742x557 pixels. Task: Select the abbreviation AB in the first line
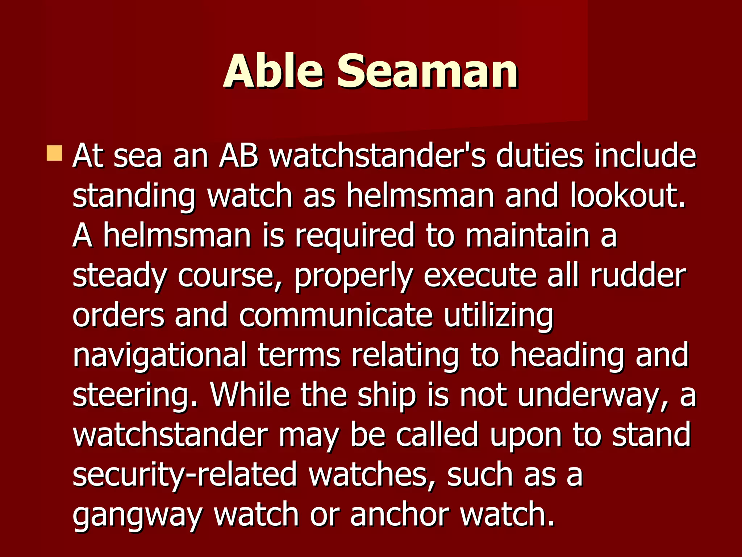point(239,156)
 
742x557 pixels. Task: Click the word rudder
point(638,276)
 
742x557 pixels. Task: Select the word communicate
point(335,315)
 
